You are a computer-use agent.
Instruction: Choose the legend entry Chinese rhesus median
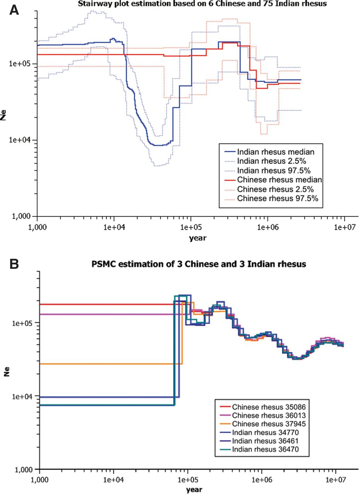[279, 180]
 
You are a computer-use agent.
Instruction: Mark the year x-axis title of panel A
[197, 238]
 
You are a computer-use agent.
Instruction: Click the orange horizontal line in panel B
[108, 364]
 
